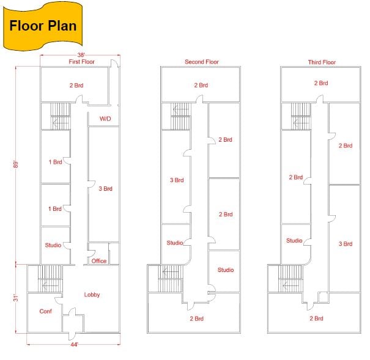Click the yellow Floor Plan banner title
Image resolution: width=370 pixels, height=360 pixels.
point(43,26)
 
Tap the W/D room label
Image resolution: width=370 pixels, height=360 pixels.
point(105,119)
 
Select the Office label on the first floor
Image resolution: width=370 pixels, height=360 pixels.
point(99,261)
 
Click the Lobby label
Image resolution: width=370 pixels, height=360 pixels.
point(92,295)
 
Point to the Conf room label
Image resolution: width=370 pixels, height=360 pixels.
point(45,311)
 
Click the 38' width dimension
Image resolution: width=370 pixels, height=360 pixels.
point(81,55)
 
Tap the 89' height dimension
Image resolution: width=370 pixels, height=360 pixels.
point(16,164)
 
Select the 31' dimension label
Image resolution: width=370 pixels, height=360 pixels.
point(16,298)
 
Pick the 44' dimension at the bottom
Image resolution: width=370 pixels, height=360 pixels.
point(74,345)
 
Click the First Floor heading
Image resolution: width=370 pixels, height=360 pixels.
point(82,62)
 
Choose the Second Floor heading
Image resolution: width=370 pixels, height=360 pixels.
point(202,62)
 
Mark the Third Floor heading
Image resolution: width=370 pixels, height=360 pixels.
point(322,62)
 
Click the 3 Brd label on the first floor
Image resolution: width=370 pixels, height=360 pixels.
point(105,189)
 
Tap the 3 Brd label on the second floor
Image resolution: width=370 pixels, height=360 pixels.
point(177,180)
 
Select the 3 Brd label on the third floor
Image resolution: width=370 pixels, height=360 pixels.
point(346,244)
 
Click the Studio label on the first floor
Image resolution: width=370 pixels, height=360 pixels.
point(53,245)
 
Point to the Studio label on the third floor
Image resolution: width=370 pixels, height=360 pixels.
point(294,240)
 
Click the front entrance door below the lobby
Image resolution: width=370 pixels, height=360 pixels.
point(72,336)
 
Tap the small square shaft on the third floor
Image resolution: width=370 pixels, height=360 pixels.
point(323,297)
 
